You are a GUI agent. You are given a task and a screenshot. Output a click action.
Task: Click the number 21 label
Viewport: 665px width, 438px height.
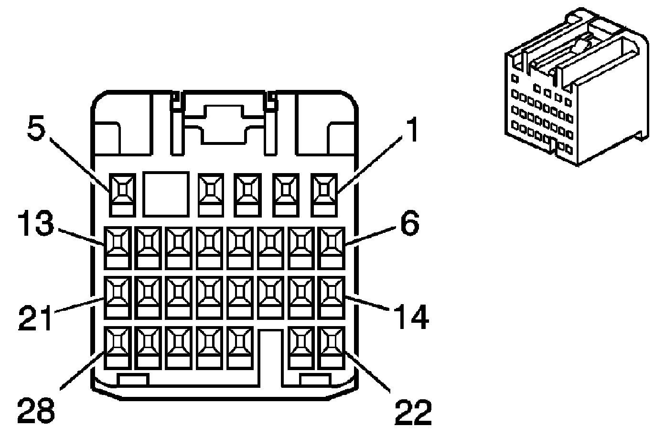35,318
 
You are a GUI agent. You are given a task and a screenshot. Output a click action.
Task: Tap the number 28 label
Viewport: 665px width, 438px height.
36,410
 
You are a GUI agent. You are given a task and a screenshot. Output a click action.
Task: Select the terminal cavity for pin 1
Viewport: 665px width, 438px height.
325,193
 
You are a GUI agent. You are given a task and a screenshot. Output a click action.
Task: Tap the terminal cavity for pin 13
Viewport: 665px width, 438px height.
118,247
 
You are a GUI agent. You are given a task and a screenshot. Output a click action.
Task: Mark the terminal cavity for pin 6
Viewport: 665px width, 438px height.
332,247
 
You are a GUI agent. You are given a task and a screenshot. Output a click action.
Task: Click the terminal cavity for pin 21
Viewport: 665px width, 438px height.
118,297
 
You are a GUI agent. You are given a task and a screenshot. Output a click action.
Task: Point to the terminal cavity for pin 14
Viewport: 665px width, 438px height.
332,297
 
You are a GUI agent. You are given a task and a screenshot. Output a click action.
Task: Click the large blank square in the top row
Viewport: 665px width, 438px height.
165,193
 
